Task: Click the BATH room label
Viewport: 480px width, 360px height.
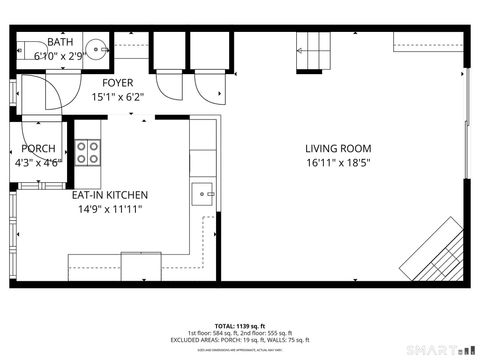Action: coord(60,42)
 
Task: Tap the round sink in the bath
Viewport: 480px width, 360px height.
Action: coord(97,46)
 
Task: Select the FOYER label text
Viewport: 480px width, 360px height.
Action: coord(118,83)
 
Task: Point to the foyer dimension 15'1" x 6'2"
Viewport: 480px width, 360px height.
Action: coord(118,97)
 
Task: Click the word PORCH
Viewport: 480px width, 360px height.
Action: coord(38,148)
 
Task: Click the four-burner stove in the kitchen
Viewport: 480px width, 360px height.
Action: coord(88,152)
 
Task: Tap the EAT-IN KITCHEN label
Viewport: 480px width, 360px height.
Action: coord(109,195)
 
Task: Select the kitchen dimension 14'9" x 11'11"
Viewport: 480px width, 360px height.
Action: coord(107,209)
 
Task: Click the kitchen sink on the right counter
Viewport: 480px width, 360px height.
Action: coord(203,192)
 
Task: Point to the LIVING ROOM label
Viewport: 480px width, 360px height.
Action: coord(338,148)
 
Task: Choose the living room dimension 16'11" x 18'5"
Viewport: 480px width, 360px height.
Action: coord(338,162)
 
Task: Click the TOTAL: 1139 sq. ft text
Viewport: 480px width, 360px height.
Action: coord(239,325)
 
